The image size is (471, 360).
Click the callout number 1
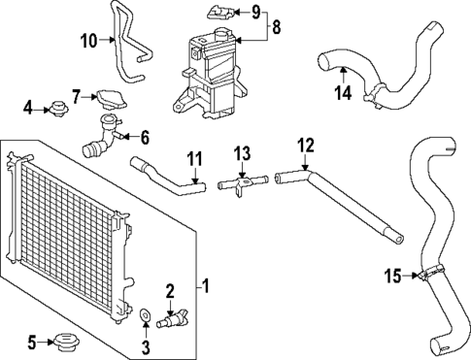pyautogui.click(x=205, y=286)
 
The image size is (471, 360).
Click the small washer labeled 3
pyautogui.click(x=145, y=314)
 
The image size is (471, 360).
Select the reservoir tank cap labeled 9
pyautogui.click(x=219, y=14)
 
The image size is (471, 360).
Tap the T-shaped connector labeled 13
pyautogui.click(x=243, y=181)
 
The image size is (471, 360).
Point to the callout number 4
pyautogui.click(x=28, y=106)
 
